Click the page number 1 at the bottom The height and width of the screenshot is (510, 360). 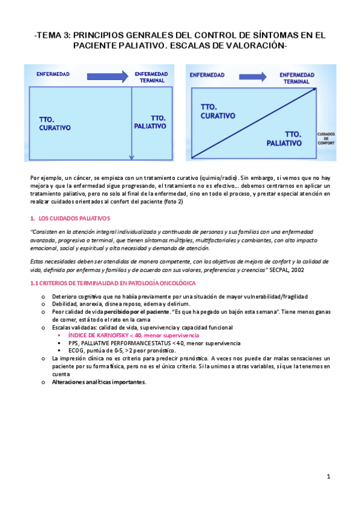click(329, 477)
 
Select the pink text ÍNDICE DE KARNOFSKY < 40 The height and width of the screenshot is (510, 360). click(105, 334)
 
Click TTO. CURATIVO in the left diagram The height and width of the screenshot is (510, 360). click(55, 124)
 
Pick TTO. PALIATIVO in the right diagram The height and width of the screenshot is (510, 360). click(285, 139)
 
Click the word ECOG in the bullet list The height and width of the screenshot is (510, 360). click(76, 350)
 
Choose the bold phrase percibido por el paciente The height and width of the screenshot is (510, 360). click(136, 312)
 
